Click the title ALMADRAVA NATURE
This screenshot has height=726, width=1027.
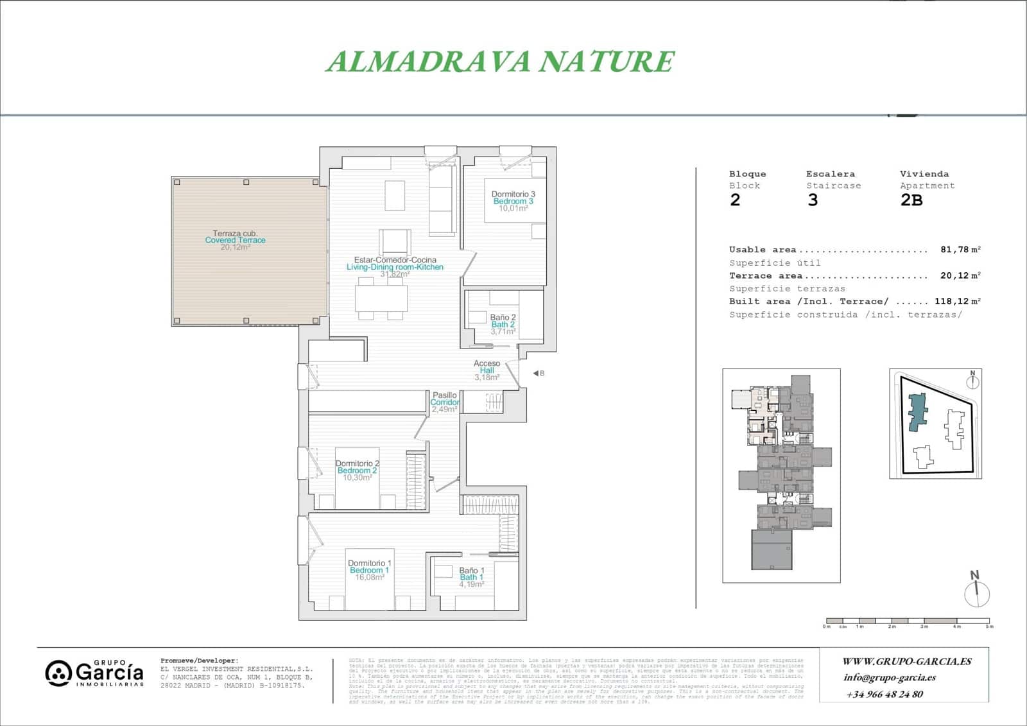[x=500, y=62]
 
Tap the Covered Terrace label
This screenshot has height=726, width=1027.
[x=235, y=240]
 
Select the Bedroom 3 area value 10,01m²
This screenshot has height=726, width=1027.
[x=513, y=209]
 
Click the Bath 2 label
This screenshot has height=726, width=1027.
[x=503, y=325]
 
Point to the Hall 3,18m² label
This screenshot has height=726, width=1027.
[x=487, y=370]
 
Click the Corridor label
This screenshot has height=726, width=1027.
[x=444, y=402]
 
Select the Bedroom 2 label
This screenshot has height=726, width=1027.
[x=357, y=471]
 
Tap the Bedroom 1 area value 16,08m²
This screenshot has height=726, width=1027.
[x=370, y=578]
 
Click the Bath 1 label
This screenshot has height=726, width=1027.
[x=471, y=577]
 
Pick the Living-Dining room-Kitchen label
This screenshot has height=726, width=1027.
[x=395, y=267]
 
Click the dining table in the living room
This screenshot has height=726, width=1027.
[x=381, y=298]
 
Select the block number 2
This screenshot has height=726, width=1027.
[x=735, y=200]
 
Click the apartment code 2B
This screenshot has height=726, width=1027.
[x=911, y=200]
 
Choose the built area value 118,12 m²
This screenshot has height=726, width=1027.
[x=957, y=301]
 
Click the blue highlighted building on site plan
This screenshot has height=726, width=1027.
[x=919, y=412]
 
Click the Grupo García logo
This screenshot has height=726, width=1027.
[x=94, y=673]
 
